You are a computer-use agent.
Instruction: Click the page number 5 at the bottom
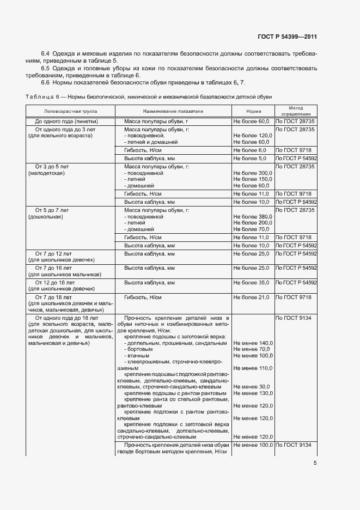coord(315,463)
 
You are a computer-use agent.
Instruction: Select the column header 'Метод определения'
coord(296,111)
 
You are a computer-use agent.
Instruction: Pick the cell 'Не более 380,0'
coord(253,217)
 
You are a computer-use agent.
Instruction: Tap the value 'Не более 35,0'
coord(252,283)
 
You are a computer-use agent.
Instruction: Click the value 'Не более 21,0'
coord(252,297)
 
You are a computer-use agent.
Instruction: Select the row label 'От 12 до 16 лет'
coord(54,283)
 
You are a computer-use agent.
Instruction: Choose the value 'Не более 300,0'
coord(253,172)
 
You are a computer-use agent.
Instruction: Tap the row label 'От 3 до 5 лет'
coord(51,166)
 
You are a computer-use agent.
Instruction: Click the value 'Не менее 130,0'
coord(253,393)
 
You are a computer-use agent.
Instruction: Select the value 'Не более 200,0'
coord(253,223)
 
